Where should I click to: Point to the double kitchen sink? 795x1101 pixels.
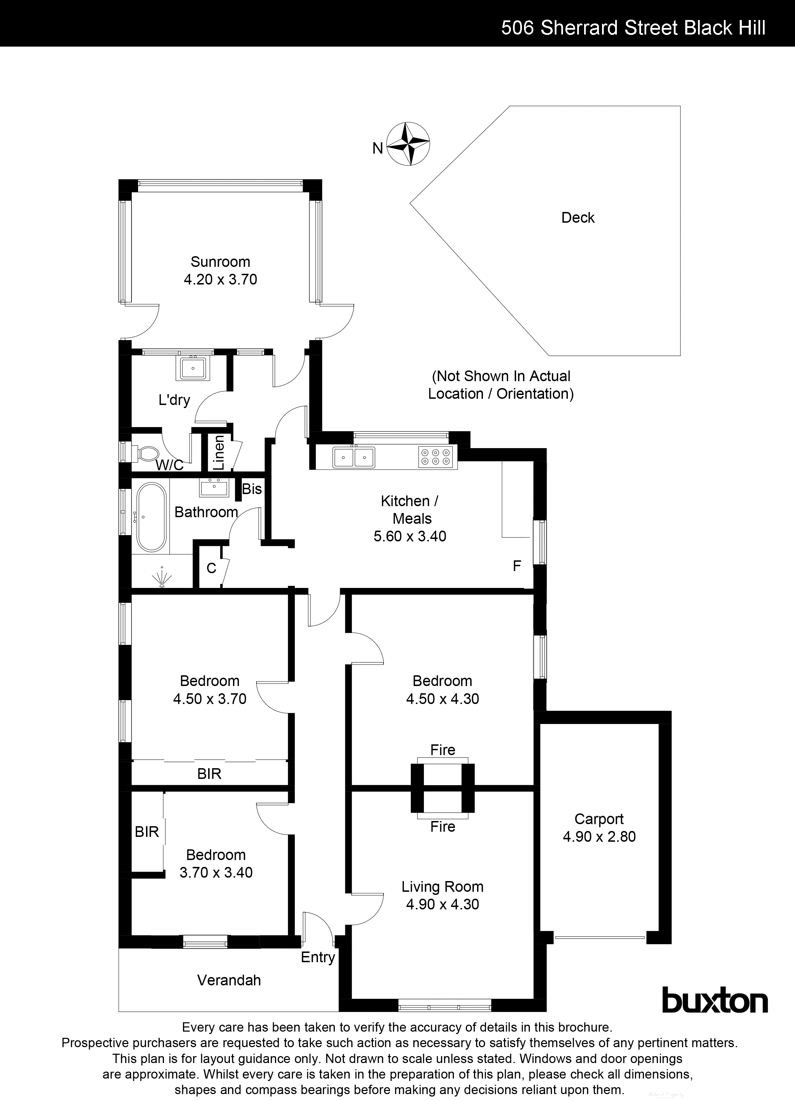[x=353, y=457]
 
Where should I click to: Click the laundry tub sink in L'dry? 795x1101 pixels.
[x=193, y=367]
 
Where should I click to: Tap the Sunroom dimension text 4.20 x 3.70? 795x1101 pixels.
[x=220, y=279]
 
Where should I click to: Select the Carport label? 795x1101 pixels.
[x=599, y=819]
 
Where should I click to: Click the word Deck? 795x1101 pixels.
[x=578, y=218]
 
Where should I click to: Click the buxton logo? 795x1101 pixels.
[x=715, y=1001]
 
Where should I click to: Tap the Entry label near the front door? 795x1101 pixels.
[x=318, y=958]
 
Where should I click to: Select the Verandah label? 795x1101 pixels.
[x=229, y=981]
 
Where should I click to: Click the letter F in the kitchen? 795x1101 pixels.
[x=517, y=566]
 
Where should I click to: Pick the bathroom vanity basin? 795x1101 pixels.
[x=214, y=487]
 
